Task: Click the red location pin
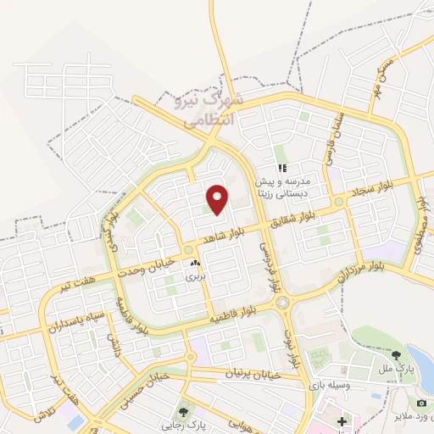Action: tap(218, 198)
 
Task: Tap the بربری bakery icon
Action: tap(198, 264)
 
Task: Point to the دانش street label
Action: tap(114, 343)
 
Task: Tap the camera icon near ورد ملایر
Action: tap(421, 403)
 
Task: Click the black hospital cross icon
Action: tap(342, 420)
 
